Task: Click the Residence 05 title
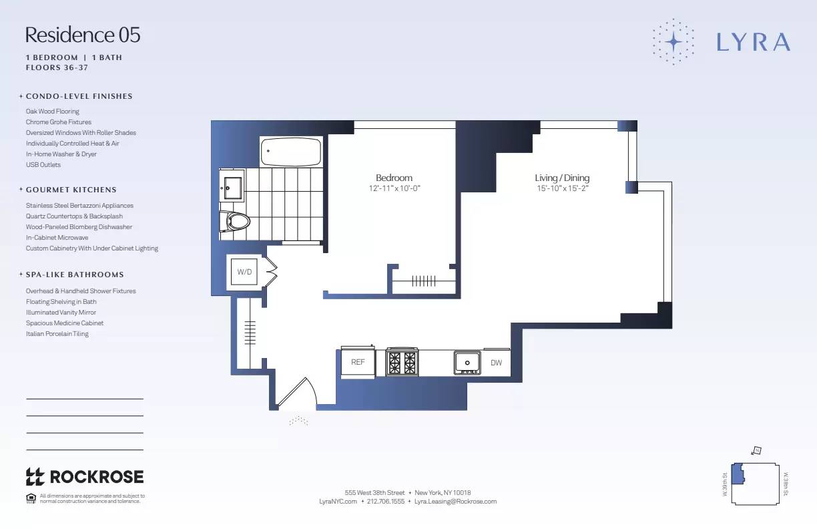pyautogui.click(x=83, y=35)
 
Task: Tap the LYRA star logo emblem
pyautogui.click(x=673, y=41)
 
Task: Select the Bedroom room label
pyautogui.click(x=394, y=178)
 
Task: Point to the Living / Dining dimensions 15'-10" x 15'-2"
pyautogui.click(x=562, y=188)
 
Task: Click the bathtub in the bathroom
pyautogui.click(x=291, y=152)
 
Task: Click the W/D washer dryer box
pyautogui.click(x=244, y=273)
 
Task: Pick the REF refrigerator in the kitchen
pyautogui.click(x=358, y=362)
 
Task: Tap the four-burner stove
pyautogui.click(x=402, y=363)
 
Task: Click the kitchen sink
pyautogui.click(x=467, y=363)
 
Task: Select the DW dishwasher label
pyautogui.click(x=496, y=363)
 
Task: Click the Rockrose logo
pyautogui.click(x=85, y=476)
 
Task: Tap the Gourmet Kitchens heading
pyautogui.click(x=71, y=190)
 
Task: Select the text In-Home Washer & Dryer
pyautogui.click(x=61, y=154)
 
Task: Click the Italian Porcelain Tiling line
pyautogui.click(x=57, y=334)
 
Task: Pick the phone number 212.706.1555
pyautogui.click(x=386, y=501)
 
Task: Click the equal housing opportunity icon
pyautogui.click(x=31, y=498)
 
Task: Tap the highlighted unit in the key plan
pyautogui.click(x=738, y=474)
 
